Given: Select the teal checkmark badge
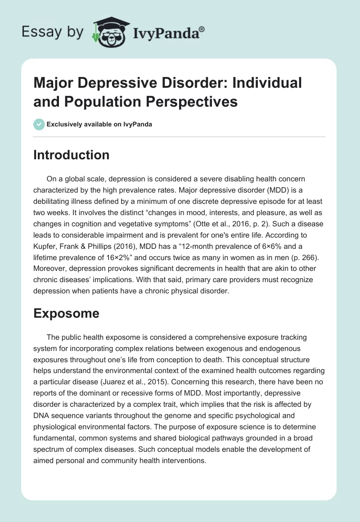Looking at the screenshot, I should click(39, 124).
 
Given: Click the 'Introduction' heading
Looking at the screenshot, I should click(71, 155).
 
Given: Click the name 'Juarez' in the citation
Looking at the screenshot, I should click(134, 369).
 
